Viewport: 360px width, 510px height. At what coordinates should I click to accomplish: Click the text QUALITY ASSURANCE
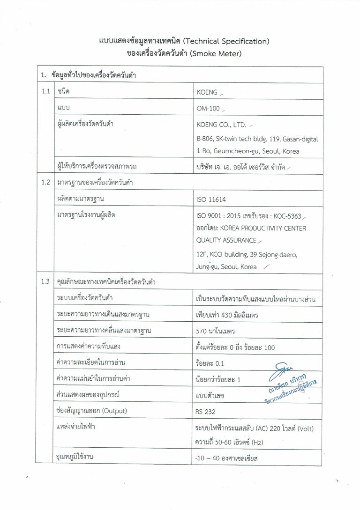coord(226,240)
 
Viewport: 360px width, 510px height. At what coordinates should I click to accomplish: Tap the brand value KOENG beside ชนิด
coord(208,92)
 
